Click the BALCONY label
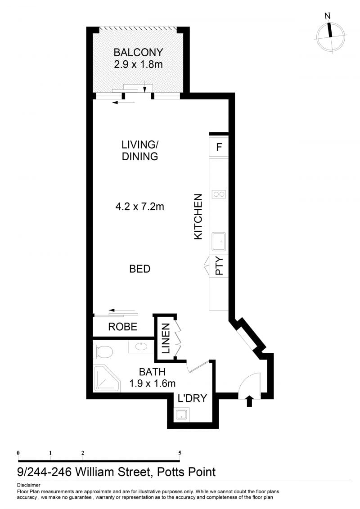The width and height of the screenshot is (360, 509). pyautogui.click(x=138, y=52)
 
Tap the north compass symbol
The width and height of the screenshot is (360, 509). pyautogui.click(x=330, y=35)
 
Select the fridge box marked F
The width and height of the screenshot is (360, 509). pyautogui.click(x=219, y=147)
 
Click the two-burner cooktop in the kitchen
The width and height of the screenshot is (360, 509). pyautogui.click(x=218, y=194)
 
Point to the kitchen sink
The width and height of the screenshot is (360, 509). pyautogui.click(x=219, y=241)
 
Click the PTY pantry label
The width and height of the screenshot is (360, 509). pyautogui.click(x=220, y=266)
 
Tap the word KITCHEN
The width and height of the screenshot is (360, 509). pyautogui.click(x=198, y=216)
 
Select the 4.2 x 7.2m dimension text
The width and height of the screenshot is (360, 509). pyautogui.click(x=139, y=206)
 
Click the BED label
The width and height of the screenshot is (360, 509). pyautogui.click(x=139, y=269)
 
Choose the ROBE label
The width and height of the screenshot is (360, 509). pyautogui.click(x=123, y=327)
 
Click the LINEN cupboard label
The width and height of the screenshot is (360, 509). pyautogui.click(x=166, y=338)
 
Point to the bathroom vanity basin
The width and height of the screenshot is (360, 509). pyautogui.click(x=141, y=347)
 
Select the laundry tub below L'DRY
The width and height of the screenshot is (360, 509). pyautogui.click(x=181, y=414)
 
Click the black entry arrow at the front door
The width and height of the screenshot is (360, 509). pyautogui.click(x=249, y=401)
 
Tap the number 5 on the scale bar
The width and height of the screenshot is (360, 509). pyautogui.click(x=180, y=453)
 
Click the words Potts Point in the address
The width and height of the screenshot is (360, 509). pyautogui.click(x=186, y=472)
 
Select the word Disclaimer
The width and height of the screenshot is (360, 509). pyautogui.click(x=28, y=485)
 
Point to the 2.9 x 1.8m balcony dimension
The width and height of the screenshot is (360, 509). pyautogui.click(x=138, y=64)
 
